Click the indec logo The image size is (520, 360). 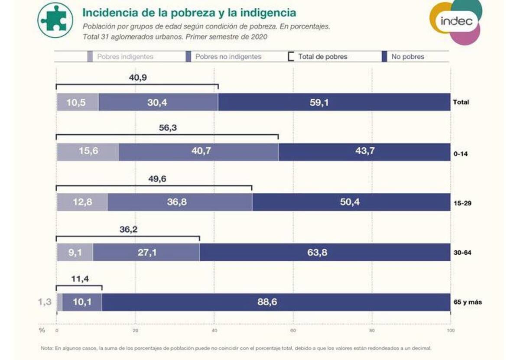456,21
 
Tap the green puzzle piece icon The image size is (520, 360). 55,19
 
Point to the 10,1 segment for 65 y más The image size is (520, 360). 82,302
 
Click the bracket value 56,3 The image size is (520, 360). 169,128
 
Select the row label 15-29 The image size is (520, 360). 462,203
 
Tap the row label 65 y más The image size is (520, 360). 468,302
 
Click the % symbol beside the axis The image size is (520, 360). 42,330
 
